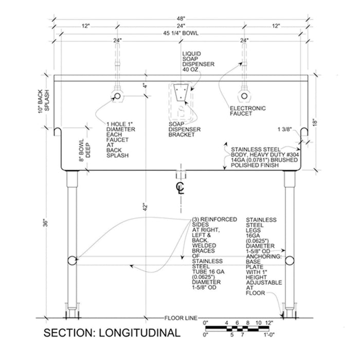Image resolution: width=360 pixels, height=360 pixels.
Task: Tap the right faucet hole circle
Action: [243, 96]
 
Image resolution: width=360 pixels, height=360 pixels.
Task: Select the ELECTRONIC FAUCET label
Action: [248, 112]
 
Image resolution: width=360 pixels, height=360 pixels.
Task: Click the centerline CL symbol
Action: [181, 187]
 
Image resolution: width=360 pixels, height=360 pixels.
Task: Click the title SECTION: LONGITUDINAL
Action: [112, 333]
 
